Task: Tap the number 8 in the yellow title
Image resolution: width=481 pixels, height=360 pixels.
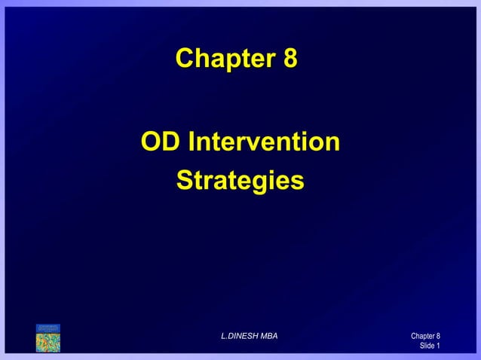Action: (290, 58)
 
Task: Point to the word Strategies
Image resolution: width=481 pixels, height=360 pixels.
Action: (240, 182)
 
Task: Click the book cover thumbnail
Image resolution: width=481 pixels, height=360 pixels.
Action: (47, 337)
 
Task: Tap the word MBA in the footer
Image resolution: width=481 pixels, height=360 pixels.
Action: (268, 335)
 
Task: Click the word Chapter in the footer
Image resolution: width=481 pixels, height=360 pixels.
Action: (422, 336)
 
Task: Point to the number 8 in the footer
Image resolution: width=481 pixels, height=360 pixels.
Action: (438, 336)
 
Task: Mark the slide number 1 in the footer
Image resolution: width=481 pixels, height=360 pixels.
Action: (438, 346)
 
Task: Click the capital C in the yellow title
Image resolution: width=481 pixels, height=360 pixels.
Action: (185, 58)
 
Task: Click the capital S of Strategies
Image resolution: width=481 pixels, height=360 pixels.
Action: (184, 182)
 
